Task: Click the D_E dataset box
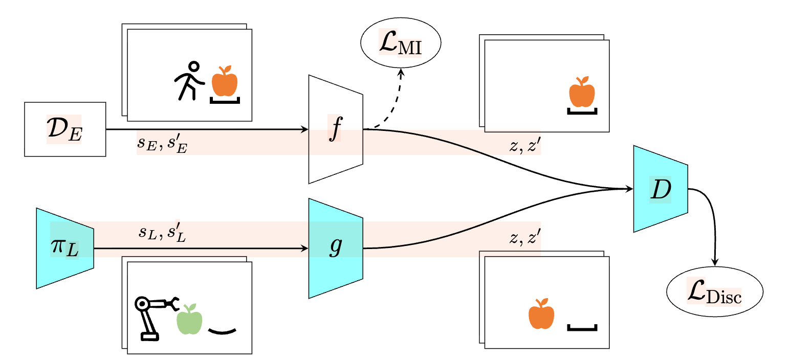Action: [x=65, y=129]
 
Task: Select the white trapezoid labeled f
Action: [x=336, y=129]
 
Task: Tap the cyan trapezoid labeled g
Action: [x=336, y=248]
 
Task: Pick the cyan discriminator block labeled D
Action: [x=661, y=189]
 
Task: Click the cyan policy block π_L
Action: [x=65, y=248]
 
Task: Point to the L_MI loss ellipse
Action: [x=401, y=42]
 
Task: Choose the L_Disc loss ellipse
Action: [x=714, y=291]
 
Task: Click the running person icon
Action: [x=190, y=81]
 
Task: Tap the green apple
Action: [x=189, y=319]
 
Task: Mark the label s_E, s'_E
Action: [x=162, y=144]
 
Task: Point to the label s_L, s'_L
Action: [x=162, y=233]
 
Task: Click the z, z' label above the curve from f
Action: [x=525, y=145]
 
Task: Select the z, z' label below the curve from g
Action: [x=525, y=237]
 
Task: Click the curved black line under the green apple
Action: [x=222, y=331]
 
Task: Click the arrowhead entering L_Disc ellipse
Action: [x=715, y=262]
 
